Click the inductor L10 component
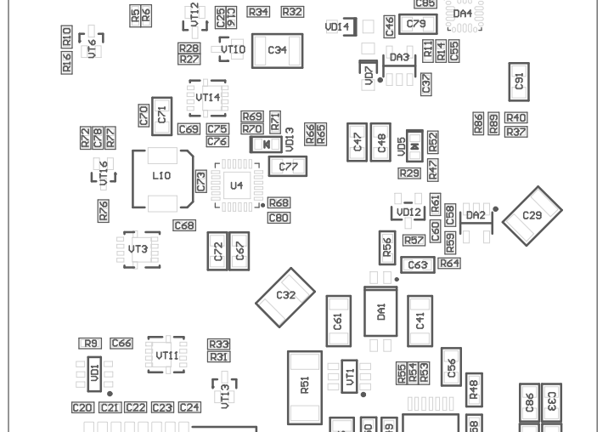161,178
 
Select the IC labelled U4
237,185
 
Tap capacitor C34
278,50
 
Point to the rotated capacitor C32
286,296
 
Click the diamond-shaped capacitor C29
532,217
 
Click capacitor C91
520,82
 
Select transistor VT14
208,98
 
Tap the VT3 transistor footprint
139,249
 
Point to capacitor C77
289,168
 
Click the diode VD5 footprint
414,146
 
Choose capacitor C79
416,25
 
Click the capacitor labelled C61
338,321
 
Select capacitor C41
420,321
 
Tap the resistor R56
387,247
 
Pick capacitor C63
418,265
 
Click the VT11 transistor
166,355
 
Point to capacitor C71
162,114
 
